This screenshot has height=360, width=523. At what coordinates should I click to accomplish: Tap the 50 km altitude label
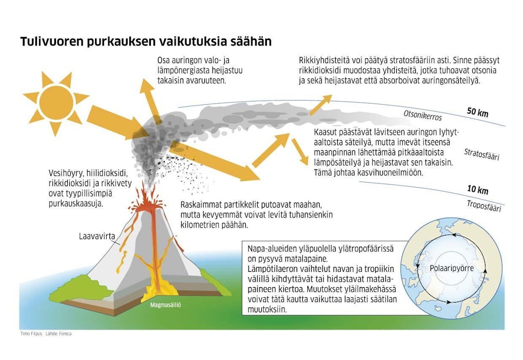click(477, 112)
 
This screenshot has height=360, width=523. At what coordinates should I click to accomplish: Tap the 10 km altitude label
click(477, 190)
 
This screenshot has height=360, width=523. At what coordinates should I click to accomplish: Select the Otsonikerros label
click(422, 116)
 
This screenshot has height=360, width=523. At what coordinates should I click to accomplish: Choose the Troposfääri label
click(483, 205)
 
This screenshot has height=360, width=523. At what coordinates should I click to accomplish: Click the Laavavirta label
click(95, 237)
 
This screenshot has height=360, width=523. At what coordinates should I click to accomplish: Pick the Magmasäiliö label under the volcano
click(165, 305)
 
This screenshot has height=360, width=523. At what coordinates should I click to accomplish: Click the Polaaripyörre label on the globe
click(444, 268)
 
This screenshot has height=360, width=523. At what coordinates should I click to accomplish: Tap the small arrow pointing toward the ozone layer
click(320, 105)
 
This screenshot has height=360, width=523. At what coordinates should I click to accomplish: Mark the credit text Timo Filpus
click(30, 333)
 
